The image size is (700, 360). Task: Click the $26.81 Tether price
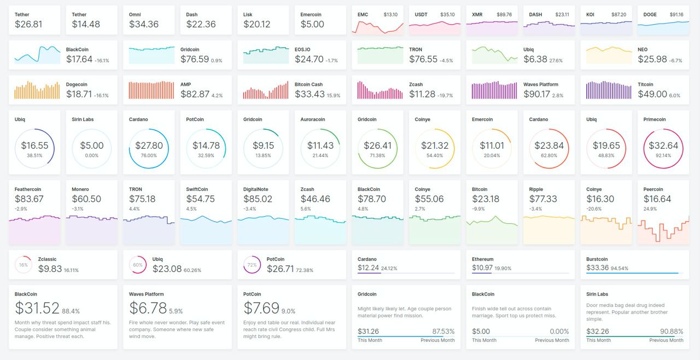(x=28, y=24)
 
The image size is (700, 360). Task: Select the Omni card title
(x=135, y=15)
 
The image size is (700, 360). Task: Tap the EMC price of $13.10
(x=390, y=14)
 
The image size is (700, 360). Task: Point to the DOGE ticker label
(x=650, y=15)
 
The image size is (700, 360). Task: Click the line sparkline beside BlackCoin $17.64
(x=37, y=55)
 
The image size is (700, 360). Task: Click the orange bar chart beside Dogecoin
(x=37, y=90)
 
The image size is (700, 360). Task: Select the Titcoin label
(x=645, y=85)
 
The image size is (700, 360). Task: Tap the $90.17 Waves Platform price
(x=536, y=94)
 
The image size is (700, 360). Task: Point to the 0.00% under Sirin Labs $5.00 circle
(x=91, y=155)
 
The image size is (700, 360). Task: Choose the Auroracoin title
(x=313, y=119)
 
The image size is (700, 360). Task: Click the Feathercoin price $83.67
(x=29, y=199)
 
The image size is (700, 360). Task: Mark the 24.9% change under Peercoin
(x=650, y=209)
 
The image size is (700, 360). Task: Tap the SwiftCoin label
(x=197, y=189)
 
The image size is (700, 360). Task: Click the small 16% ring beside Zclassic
(x=23, y=265)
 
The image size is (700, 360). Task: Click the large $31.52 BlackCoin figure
(x=37, y=308)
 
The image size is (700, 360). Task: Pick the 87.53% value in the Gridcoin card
(x=443, y=332)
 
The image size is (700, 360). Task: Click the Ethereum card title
(x=482, y=259)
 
